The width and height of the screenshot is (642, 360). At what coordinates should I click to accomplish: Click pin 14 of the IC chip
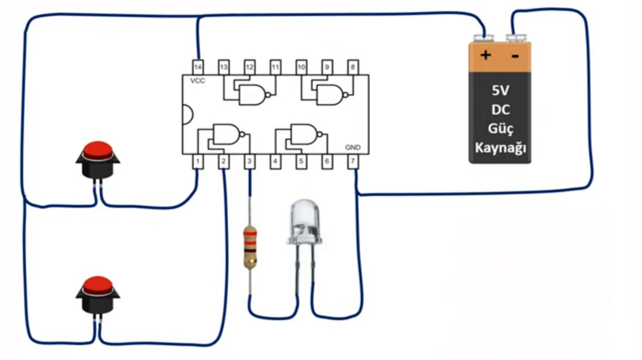(198, 67)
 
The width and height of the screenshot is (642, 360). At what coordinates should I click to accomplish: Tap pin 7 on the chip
(353, 162)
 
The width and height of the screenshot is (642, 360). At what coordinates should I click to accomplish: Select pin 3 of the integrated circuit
(249, 162)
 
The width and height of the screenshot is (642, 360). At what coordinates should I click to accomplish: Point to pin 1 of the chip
(198, 162)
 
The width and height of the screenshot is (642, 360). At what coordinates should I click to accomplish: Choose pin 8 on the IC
(353, 67)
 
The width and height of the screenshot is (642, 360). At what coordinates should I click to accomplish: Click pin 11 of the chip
(276, 67)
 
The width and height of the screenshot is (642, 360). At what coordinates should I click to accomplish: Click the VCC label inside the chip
(197, 81)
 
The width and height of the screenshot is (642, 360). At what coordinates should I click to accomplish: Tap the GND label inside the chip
(353, 148)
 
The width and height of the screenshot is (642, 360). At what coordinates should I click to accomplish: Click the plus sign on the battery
(486, 55)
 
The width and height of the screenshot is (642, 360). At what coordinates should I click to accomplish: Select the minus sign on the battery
(515, 56)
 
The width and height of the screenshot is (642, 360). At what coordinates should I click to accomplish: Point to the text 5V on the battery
(500, 90)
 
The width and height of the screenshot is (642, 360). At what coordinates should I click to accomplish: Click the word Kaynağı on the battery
(501, 148)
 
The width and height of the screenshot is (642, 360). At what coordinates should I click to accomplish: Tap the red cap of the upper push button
(98, 150)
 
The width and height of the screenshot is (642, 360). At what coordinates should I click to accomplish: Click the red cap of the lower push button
(98, 285)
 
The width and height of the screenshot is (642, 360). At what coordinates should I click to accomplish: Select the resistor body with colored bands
(250, 247)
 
